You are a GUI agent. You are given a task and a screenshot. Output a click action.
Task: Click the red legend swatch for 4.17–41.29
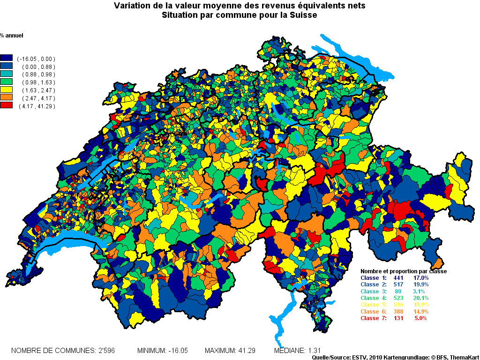coord(6,106)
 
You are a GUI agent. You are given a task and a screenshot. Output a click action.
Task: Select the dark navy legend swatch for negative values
coord(6,59)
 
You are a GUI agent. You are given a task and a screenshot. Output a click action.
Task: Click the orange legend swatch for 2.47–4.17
coord(6,98)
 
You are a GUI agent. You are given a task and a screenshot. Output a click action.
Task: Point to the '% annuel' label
coord(12,36)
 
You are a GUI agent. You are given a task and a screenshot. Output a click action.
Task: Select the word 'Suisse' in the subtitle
coord(305,15)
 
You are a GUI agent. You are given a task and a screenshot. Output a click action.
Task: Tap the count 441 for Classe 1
coord(398,278)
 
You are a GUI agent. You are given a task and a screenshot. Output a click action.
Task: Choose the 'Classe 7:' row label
coord(373,318)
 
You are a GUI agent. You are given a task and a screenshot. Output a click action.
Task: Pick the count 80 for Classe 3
coord(398,292)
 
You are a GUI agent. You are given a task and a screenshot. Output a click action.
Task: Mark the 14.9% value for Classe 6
coord(420,312)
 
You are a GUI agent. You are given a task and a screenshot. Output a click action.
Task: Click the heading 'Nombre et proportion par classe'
coord(403,271)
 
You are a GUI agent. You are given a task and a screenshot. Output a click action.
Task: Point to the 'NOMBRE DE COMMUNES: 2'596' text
coord(63,351)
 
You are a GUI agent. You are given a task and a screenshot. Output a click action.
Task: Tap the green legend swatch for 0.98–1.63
coord(6,82)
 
